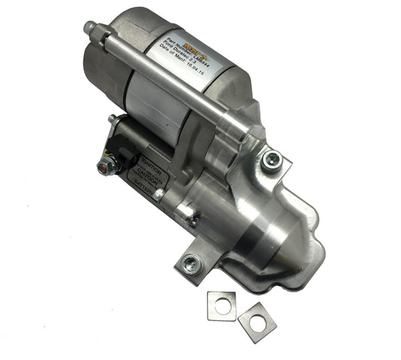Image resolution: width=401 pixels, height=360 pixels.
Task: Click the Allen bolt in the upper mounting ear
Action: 270,159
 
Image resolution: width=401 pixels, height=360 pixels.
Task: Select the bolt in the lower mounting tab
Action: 191,262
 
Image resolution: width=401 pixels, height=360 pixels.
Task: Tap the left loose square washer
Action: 221,304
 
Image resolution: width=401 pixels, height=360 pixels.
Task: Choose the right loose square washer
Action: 257,321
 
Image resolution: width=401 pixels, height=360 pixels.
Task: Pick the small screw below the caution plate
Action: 194,220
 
